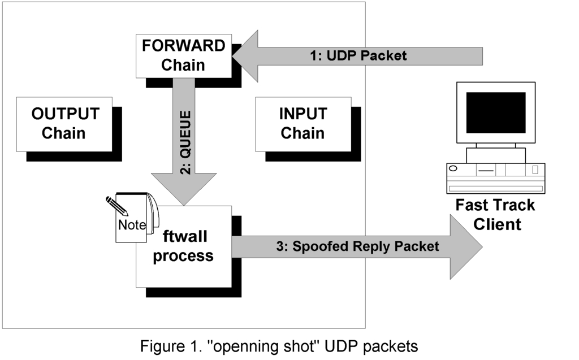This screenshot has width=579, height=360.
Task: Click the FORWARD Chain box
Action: [183, 56]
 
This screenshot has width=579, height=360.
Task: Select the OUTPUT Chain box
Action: [64, 124]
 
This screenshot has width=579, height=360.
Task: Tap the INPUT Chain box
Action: [303, 124]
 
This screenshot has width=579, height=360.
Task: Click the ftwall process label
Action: [183, 247]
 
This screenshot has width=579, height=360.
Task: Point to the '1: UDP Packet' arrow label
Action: [358, 56]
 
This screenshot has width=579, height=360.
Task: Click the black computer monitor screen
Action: [495, 112]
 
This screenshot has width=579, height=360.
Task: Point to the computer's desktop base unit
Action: [495, 177]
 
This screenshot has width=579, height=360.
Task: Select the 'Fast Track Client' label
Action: [495, 214]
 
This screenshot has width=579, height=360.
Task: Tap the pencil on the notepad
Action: [118, 206]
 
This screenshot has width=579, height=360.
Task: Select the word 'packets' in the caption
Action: [391, 346]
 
